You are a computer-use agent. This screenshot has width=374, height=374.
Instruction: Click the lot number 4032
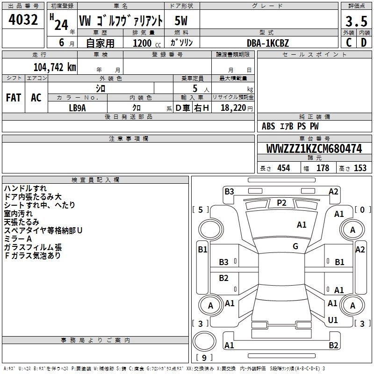[23, 20]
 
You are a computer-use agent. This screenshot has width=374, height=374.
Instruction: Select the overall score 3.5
[356, 22]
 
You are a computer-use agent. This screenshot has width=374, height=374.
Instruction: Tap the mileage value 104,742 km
[55, 67]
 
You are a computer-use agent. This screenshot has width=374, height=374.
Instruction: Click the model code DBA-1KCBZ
[267, 43]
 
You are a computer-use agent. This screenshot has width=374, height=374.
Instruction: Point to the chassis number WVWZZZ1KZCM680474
[314, 149]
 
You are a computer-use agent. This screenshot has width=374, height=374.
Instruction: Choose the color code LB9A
[77, 108]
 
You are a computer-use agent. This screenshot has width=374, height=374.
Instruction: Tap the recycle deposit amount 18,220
[233, 108]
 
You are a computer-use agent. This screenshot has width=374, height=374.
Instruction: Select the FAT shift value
[14, 98]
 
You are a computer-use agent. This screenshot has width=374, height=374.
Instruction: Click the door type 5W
[181, 21]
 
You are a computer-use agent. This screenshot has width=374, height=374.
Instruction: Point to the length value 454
[284, 168]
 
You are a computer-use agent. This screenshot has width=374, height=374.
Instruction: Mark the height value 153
[360, 168]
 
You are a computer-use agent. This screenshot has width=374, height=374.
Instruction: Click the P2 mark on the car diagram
[281, 203]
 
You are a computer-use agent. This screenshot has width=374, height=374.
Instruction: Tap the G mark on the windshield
[295, 246]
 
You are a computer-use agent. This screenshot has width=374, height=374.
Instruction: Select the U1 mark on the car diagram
[333, 320]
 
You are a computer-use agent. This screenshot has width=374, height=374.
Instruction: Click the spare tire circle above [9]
[204, 341]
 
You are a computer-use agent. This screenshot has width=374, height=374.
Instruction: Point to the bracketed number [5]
[201, 209]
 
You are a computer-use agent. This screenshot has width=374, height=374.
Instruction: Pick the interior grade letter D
[364, 43]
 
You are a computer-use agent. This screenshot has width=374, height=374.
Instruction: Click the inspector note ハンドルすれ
[25, 188]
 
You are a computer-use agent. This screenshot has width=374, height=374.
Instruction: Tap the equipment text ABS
[268, 126]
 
